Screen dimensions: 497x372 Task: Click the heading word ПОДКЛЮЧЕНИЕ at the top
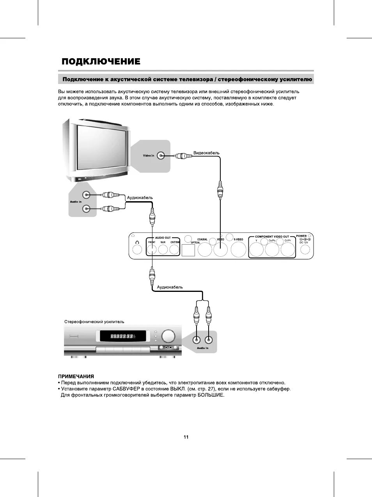(101, 62)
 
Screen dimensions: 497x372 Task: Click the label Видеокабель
(206, 153)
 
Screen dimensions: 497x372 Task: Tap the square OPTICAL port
(188, 250)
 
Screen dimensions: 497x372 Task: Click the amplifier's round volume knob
(168, 336)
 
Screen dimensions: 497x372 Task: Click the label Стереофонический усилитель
(94, 322)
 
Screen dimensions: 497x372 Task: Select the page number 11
(186, 437)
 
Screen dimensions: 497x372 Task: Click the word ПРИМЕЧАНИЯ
(76, 376)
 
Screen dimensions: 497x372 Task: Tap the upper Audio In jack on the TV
(86, 195)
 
